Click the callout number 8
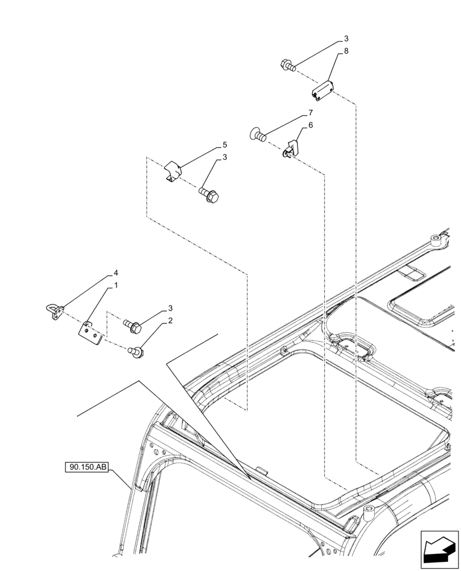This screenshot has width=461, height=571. click(x=345, y=51)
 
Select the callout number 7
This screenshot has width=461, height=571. click(x=310, y=113)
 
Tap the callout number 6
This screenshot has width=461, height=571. click(x=310, y=125)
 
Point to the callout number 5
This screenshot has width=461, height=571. click(x=225, y=145)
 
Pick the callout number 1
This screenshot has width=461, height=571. click(x=116, y=285)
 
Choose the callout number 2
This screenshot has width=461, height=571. click(x=169, y=321)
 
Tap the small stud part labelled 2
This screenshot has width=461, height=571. click(x=138, y=350)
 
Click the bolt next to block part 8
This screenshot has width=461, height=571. click(x=288, y=66)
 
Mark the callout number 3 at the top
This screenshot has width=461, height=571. click(x=346, y=39)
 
